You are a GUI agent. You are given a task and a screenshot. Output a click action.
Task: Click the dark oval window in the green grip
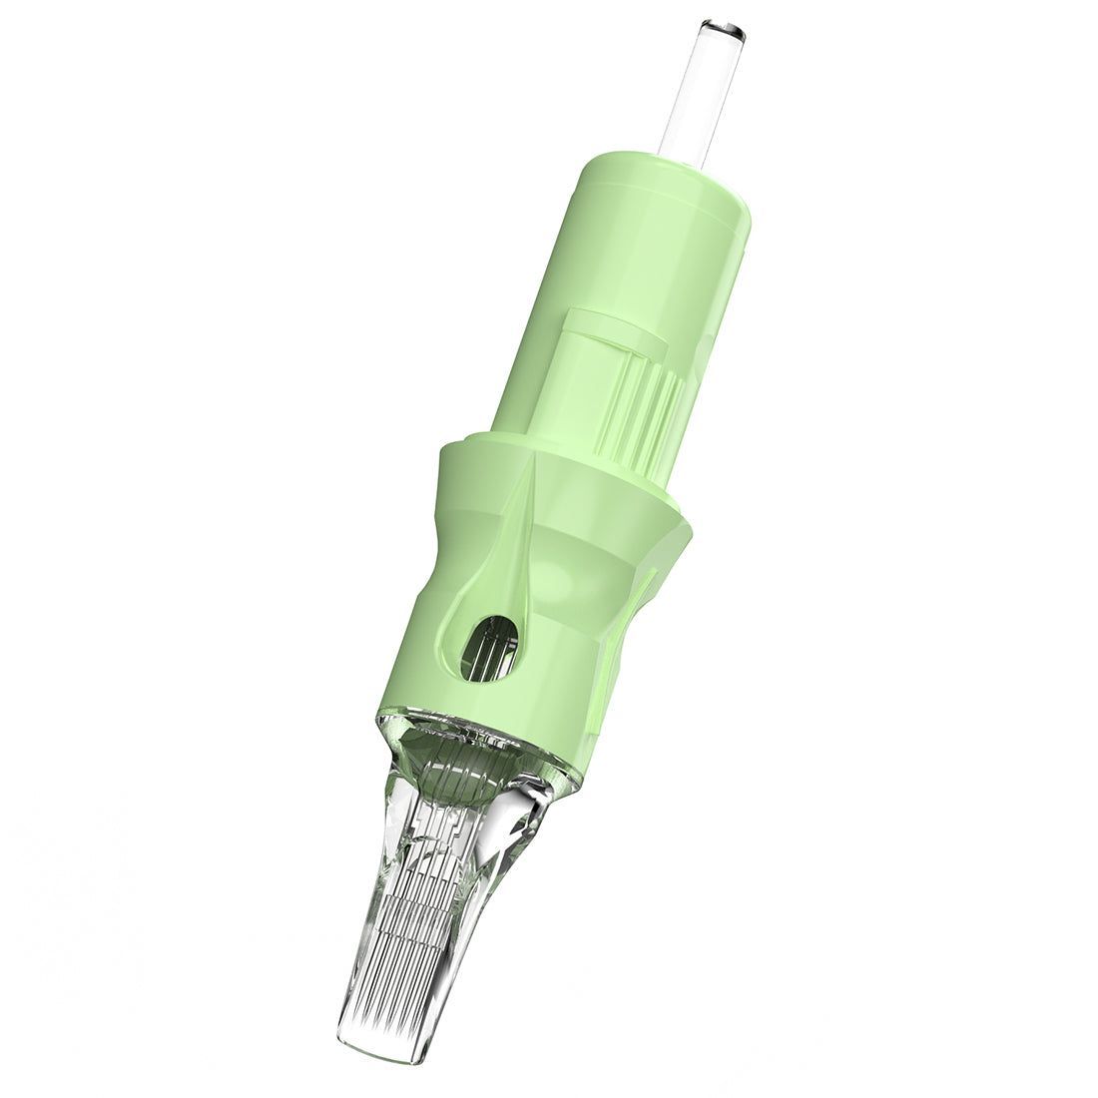coord(489,643)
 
